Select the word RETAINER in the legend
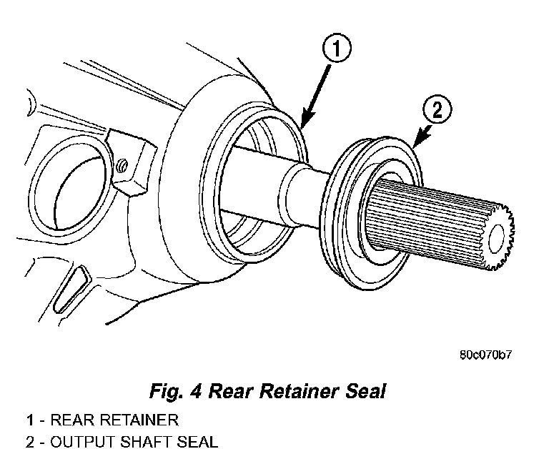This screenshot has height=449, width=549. [x=139, y=419]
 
